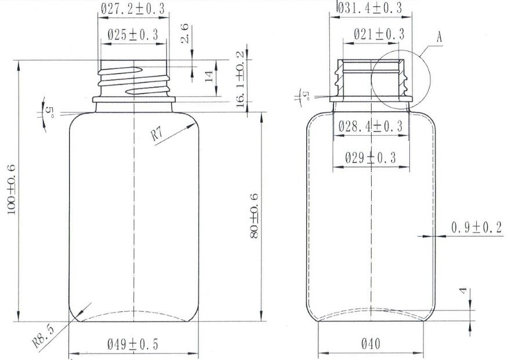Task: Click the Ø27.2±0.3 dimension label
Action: click(132, 9)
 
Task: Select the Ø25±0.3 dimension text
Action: click(133, 34)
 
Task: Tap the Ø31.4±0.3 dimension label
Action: click(370, 8)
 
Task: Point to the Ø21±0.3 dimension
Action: click(379, 34)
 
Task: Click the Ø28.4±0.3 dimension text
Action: click(371, 126)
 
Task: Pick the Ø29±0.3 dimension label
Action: click(371, 158)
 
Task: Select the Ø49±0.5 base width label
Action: click(132, 344)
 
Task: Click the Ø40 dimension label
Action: click(371, 344)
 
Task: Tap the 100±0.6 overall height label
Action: click(12, 190)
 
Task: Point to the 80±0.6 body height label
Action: click(254, 216)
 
